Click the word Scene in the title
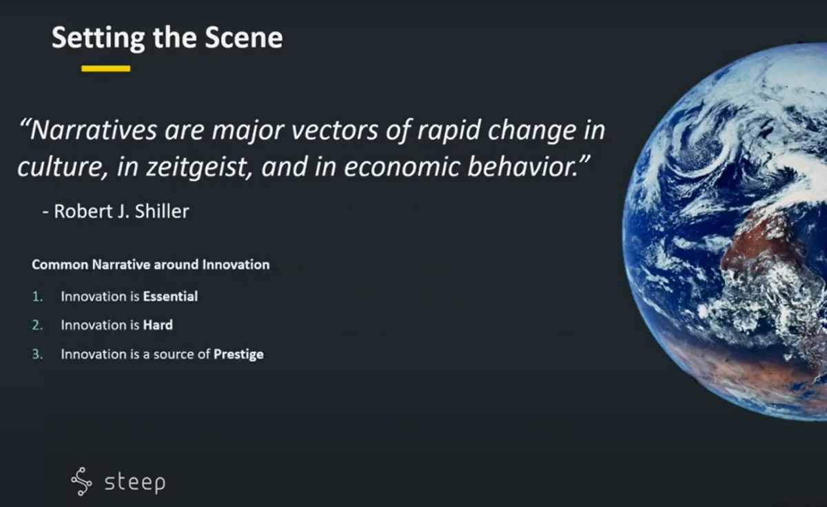coord(244,37)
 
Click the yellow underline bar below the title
coord(105,68)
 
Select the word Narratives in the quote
coord(89,130)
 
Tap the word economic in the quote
coord(402,167)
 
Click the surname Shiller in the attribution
coord(162,211)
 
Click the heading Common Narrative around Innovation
coord(151,265)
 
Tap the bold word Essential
coord(170,297)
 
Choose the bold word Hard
coord(158,325)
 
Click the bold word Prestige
coord(238,355)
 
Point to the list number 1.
coord(38,297)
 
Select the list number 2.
coord(38,325)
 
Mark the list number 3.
coord(38,354)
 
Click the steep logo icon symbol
coord(81,481)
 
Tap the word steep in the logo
coord(135,483)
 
